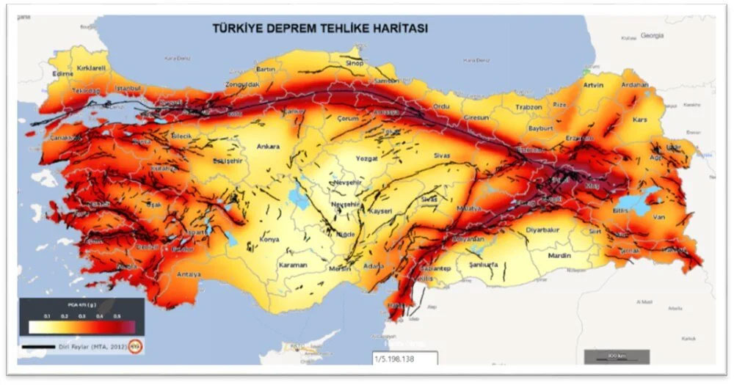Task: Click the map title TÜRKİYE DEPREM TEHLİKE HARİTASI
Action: pyautogui.click(x=320, y=29)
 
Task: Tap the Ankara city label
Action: pyautogui.click(x=268, y=147)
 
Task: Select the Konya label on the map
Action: pyautogui.click(x=269, y=240)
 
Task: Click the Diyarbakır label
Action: pyautogui.click(x=543, y=230)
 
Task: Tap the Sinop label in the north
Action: pyautogui.click(x=354, y=64)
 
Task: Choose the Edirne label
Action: pyautogui.click(x=65, y=74)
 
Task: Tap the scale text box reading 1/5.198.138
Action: pyautogui.click(x=404, y=359)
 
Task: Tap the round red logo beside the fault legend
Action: pyautogui.click(x=135, y=345)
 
